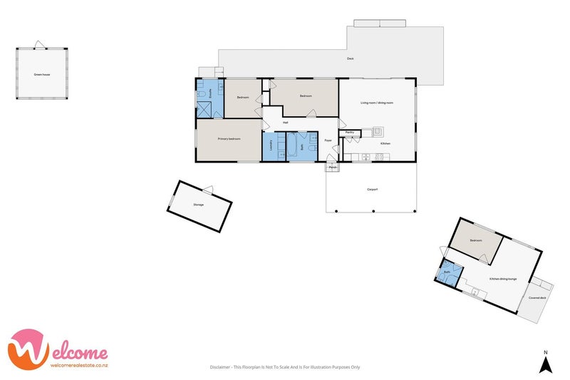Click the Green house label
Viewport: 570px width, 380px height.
tap(42, 74)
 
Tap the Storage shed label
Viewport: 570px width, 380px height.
tap(198, 205)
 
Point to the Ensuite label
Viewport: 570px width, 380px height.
tap(209, 93)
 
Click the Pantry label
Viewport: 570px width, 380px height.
tap(350, 132)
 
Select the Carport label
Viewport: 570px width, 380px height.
tap(371, 189)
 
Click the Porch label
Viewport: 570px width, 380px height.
tap(332, 167)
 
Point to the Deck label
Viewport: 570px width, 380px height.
tap(350, 58)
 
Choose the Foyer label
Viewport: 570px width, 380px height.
tap(328, 140)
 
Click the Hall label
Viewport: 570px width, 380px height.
tap(285, 122)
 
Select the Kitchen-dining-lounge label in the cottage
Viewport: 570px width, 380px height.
tap(502, 279)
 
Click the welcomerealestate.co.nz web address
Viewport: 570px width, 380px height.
tap(78, 366)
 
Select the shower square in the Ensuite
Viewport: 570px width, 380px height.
tap(205, 110)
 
